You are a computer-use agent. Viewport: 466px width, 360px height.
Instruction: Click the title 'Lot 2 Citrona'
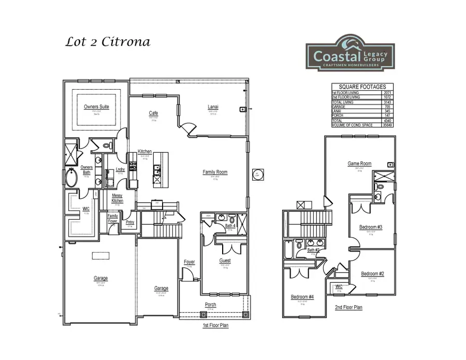tap(108, 42)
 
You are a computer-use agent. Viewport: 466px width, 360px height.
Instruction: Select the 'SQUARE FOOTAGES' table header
tap(361, 87)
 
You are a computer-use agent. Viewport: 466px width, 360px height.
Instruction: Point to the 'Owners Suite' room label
tap(96, 107)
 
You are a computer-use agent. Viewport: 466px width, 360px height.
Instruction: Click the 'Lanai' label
tap(213, 107)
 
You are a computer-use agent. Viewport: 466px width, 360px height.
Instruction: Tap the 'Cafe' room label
tap(153, 113)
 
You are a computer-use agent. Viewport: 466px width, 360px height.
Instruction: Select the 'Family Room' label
tap(214, 172)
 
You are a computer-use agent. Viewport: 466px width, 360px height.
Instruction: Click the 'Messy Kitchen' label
tap(118, 197)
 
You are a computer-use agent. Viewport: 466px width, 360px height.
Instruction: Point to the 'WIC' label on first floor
tap(86, 209)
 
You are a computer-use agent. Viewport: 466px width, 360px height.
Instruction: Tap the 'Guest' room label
tap(225, 261)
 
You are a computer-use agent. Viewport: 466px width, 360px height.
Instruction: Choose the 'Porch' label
tap(210, 304)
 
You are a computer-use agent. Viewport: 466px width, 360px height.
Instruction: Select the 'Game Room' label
tap(359, 164)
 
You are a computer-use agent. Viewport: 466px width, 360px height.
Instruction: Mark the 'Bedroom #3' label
tap(371, 227)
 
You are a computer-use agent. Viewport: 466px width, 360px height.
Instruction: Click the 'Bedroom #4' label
tap(302, 297)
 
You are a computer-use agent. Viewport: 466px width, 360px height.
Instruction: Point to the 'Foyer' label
tap(189, 262)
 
